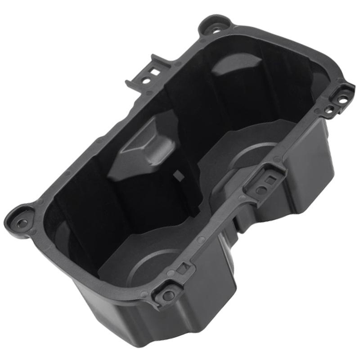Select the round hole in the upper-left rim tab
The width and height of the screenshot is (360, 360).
tap(145, 81)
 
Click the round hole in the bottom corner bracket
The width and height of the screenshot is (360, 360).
tap(168, 295)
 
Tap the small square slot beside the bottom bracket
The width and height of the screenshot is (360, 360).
tap(183, 269)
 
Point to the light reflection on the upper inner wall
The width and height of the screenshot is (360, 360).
tap(229, 67)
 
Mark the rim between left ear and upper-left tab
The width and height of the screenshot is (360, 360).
tap(81, 153)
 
